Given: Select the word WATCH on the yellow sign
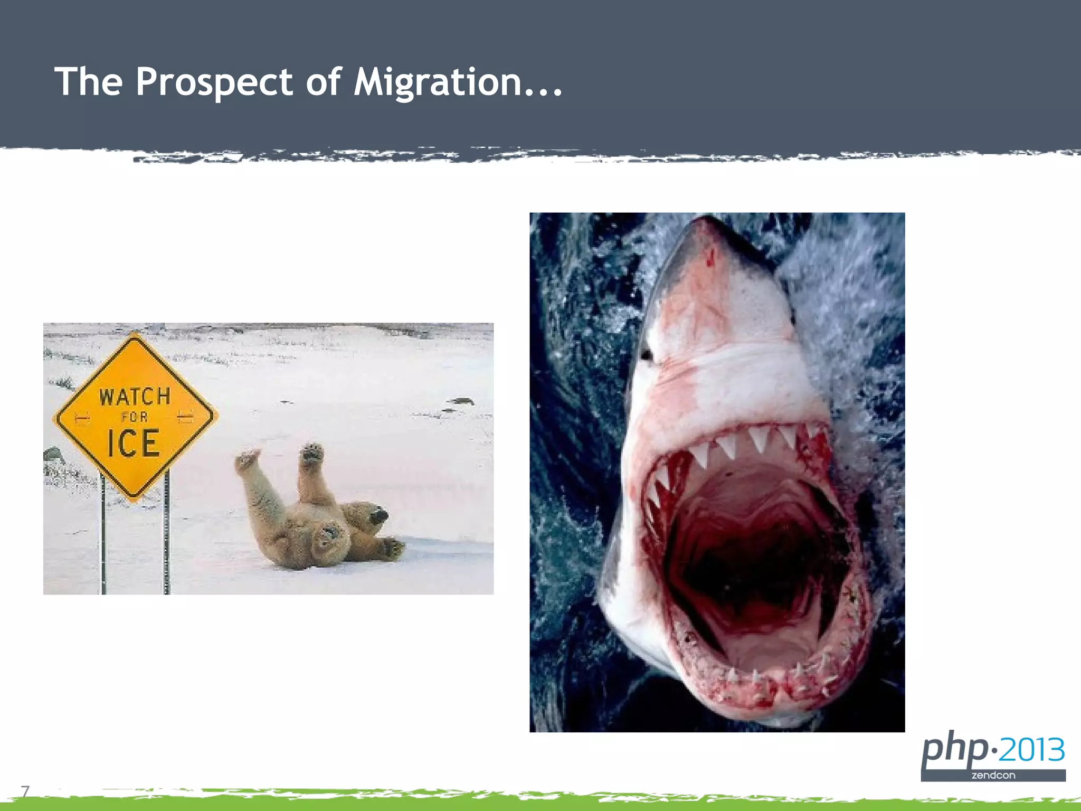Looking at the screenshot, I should pyautogui.click(x=135, y=397).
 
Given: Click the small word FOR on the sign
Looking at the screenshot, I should pyautogui.click(x=135, y=417).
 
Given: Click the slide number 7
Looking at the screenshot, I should pyautogui.click(x=25, y=791).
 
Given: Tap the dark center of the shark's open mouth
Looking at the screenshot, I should pyautogui.click(x=750, y=570).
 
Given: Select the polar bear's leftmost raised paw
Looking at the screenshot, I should pyautogui.click(x=247, y=458).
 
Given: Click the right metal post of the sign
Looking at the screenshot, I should pyautogui.click(x=167, y=533).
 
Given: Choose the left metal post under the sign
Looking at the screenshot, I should pyautogui.click(x=103, y=533).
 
